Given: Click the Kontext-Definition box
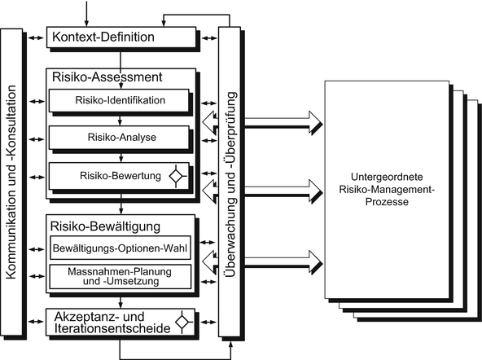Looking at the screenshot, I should (121, 37).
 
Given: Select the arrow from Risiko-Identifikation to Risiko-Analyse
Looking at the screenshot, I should (120, 119).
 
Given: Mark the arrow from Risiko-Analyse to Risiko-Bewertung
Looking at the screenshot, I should (120, 156).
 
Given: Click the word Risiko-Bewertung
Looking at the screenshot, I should (112, 175).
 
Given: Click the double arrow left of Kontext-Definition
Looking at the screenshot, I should (37, 37).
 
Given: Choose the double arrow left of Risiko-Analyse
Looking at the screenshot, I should (37, 138).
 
